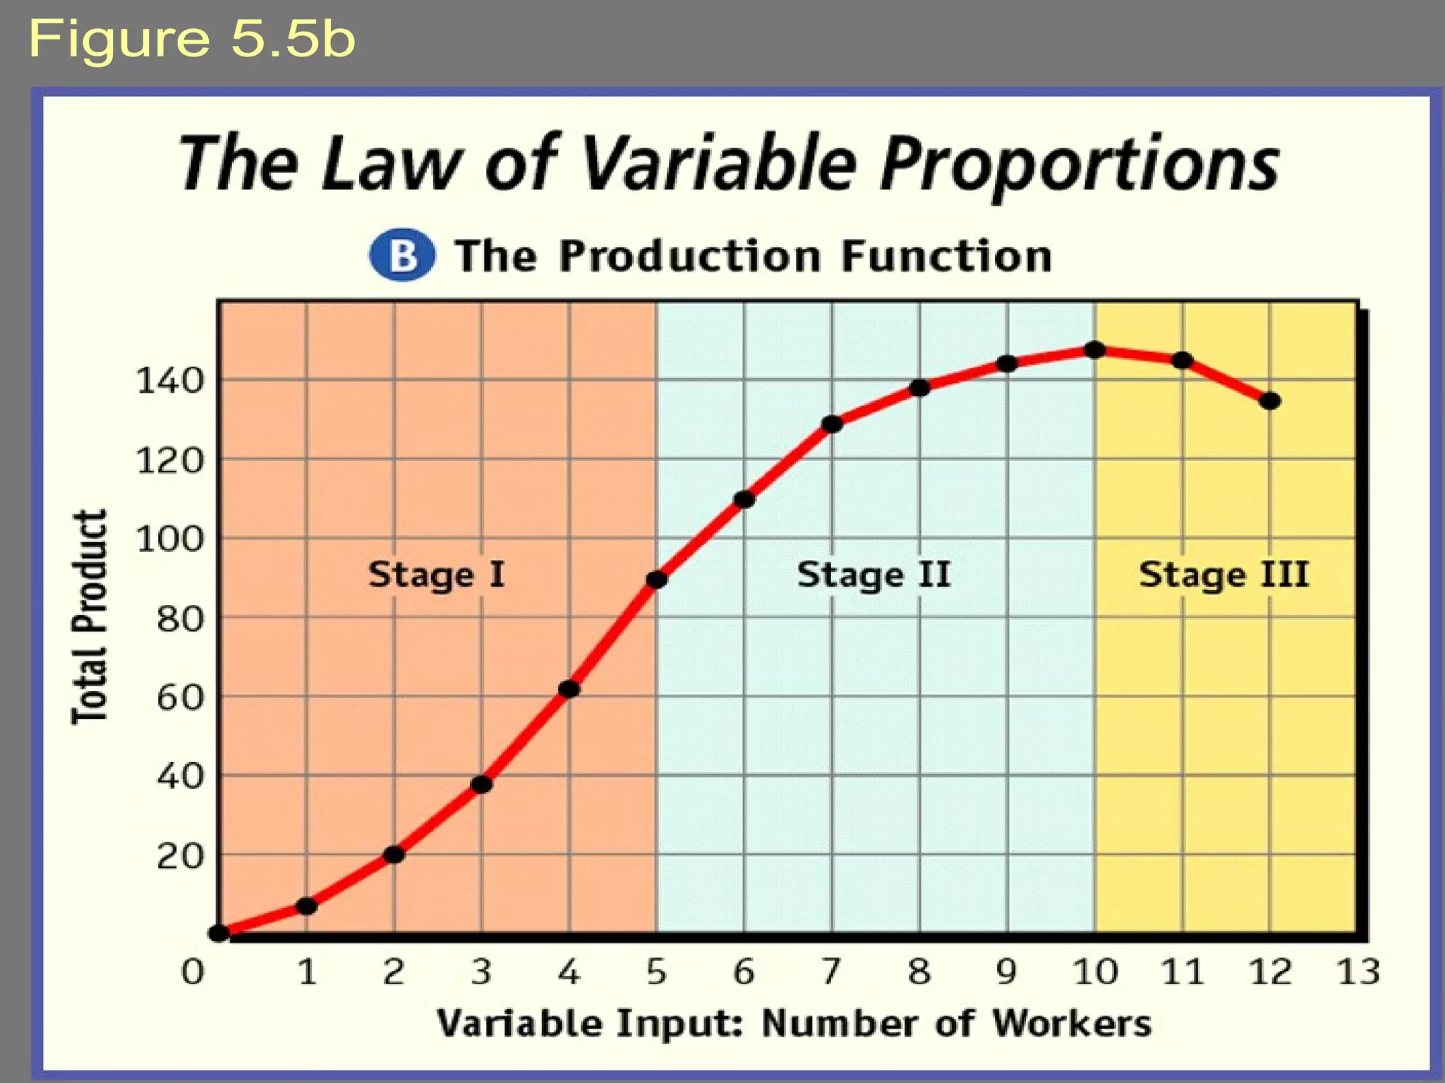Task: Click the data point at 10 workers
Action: (x=1094, y=350)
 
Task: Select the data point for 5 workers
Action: (x=657, y=580)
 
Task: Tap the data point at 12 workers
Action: (x=1270, y=401)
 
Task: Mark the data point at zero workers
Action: (x=219, y=933)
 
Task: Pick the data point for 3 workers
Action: (x=481, y=784)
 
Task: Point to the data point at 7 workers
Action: (x=833, y=424)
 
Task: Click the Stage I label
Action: (x=436, y=575)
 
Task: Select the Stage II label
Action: (x=873, y=575)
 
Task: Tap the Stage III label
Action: (x=1224, y=575)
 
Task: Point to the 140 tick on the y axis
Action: (x=169, y=381)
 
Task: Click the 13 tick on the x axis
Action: (x=1358, y=972)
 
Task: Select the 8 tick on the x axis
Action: (x=919, y=972)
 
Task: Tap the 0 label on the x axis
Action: (x=193, y=972)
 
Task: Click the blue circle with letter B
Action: (x=402, y=255)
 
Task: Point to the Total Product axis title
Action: (x=90, y=617)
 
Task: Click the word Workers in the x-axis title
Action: (x=1072, y=1023)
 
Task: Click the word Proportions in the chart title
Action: (x=1080, y=164)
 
